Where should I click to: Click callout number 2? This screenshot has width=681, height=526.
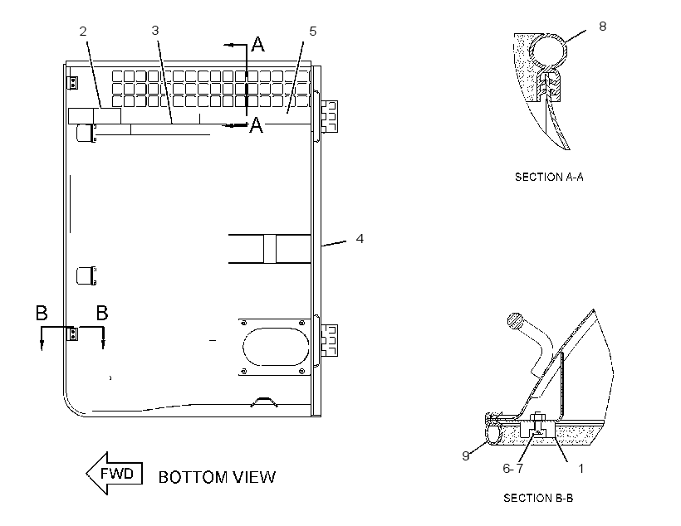pos(83,32)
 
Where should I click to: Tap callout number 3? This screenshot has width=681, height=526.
pos(155,31)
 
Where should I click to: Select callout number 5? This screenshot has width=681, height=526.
pos(313,32)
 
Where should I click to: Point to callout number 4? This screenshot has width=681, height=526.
pos(360,239)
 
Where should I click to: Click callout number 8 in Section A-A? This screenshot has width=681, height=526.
pos(602,27)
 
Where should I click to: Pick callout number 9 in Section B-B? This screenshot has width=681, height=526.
pos(466,455)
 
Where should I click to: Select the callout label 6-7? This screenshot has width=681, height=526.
pos(513,468)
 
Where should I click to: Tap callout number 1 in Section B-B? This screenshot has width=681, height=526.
pos(581,468)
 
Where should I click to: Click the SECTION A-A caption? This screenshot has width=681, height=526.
pos(549,177)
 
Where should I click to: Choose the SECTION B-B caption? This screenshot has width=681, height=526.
pos(538,498)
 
